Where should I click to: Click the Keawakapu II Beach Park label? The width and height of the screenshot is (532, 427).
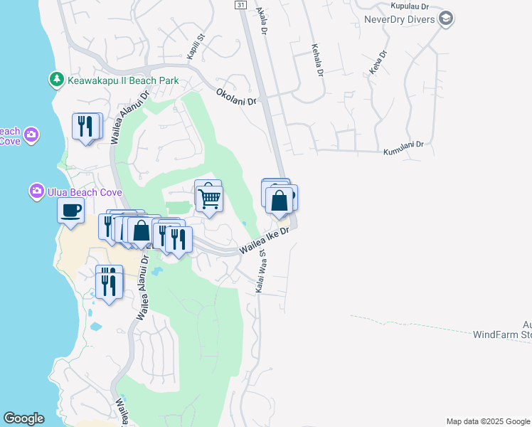pos(123,80)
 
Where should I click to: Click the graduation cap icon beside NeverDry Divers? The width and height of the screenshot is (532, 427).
pos(446,19)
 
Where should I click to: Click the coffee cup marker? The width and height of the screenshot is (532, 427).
pos(71,211)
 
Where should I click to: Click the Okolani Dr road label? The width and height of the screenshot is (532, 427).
pos(236,97)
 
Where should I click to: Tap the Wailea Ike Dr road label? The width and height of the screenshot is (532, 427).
pos(264,241)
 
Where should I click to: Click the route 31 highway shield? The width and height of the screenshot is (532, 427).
pos(240,4)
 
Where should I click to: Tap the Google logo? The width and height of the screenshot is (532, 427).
pos(23,418)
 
